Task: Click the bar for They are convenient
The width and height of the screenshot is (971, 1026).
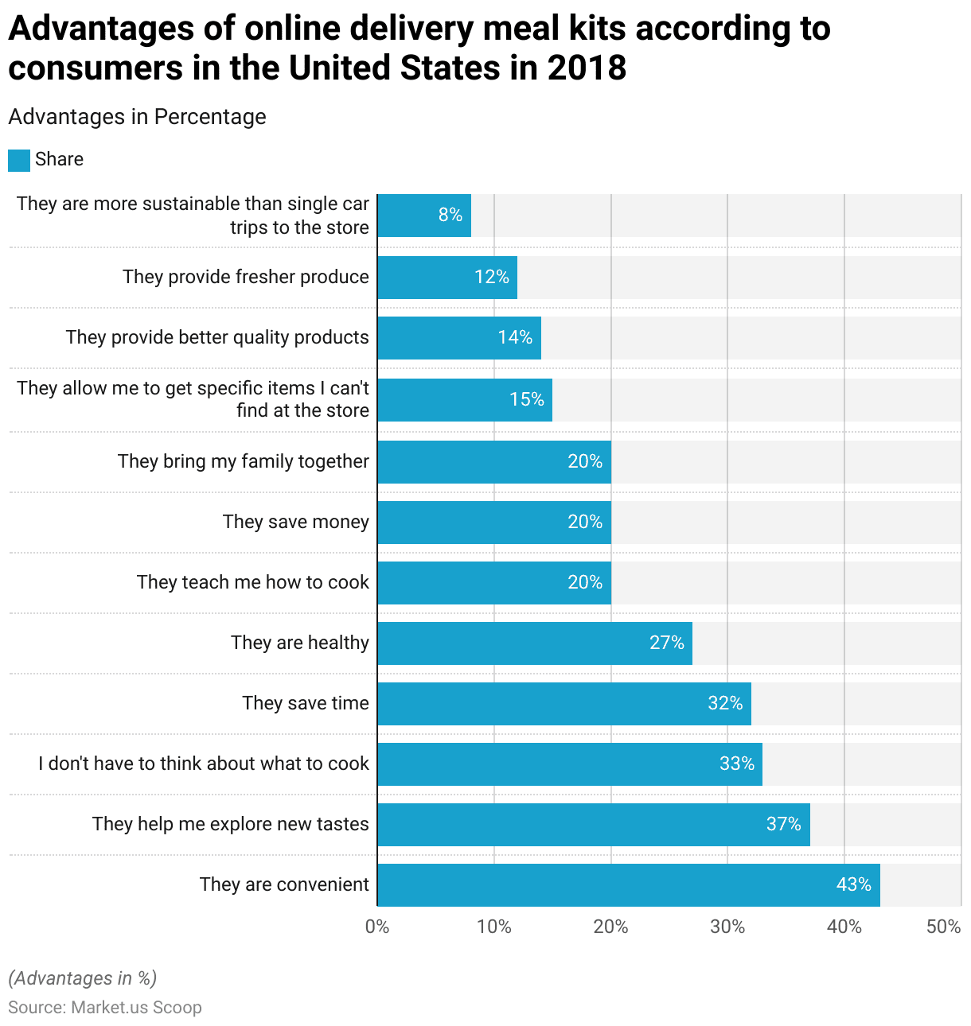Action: (629, 884)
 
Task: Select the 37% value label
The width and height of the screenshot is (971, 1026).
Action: (783, 824)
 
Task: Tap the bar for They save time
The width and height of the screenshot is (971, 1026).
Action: (563, 703)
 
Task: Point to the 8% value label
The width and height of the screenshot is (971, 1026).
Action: (450, 215)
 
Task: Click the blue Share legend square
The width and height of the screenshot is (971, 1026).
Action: (19, 160)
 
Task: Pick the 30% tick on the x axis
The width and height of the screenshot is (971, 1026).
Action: (727, 927)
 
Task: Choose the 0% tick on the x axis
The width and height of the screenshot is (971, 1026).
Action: (377, 927)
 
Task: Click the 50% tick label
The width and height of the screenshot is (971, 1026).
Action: (944, 927)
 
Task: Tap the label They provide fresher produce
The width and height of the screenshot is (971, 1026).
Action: (245, 277)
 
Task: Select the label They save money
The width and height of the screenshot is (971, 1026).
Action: (295, 522)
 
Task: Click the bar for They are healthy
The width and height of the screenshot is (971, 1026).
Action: (535, 643)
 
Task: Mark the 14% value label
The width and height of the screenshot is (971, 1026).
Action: (515, 337)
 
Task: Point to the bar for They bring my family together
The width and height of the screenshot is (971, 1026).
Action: (493, 461)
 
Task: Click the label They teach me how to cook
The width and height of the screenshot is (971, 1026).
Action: (252, 582)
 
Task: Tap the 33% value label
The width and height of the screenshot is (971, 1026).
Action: (736, 764)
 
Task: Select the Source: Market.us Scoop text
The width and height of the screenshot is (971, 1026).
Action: (105, 1008)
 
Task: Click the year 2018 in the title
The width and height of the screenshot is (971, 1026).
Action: (587, 68)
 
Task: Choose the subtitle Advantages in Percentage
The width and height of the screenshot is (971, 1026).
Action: (137, 117)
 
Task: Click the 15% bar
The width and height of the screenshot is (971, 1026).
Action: (465, 399)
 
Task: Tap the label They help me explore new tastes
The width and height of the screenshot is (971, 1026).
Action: (230, 824)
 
